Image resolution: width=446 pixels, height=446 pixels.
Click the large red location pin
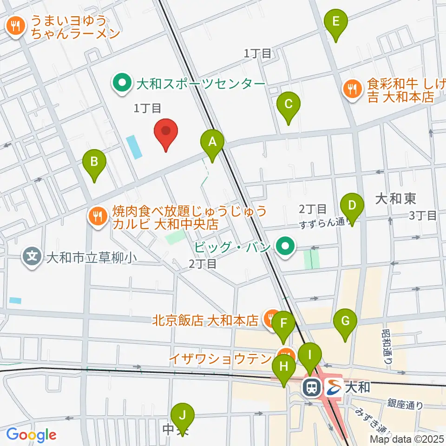coord(166,132)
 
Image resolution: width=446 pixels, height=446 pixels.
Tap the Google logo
coord(31,435)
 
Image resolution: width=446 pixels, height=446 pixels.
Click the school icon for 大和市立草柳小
coord(32,256)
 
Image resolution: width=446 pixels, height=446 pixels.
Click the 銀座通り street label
coord(405,405)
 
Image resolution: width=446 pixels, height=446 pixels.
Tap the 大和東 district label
coord(395,199)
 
